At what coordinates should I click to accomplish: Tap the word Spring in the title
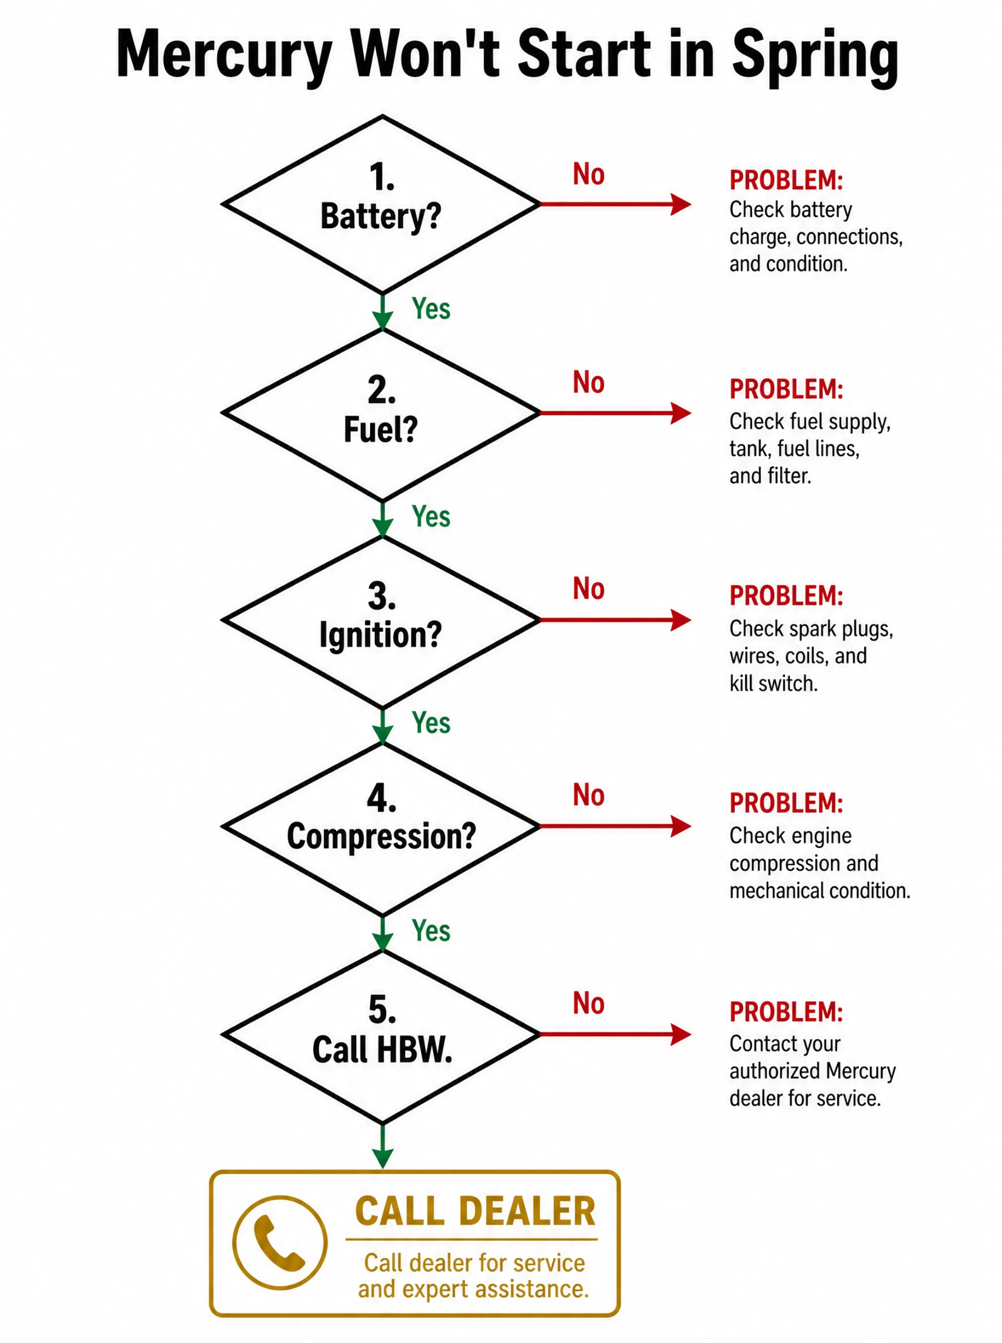(815, 57)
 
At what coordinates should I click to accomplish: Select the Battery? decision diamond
(381, 205)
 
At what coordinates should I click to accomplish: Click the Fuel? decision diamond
(381, 413)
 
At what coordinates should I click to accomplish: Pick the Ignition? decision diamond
(381, 620)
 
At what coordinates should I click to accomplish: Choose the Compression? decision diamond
(381, 827)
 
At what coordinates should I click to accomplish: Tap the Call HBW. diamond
(381, 1035)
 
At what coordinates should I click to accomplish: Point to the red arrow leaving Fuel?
(615, 413)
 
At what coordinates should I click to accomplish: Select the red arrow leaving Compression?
(615, 826)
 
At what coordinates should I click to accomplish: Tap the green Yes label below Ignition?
(431, 723)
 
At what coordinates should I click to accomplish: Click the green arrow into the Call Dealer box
(382, 1146)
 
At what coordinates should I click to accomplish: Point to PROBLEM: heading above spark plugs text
(786, 596)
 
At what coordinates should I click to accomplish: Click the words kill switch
(773, 684)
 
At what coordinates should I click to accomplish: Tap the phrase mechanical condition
(820, 890)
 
